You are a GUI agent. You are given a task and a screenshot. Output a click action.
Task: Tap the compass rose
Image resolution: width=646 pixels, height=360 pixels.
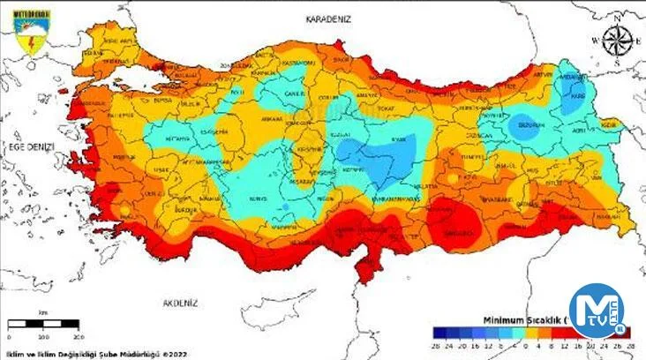pos(617,41)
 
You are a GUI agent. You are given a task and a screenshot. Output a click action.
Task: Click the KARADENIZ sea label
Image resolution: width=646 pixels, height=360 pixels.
pos(329,19)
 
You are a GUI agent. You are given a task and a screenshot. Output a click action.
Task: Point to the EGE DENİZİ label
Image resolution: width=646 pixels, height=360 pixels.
pos(27,146)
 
